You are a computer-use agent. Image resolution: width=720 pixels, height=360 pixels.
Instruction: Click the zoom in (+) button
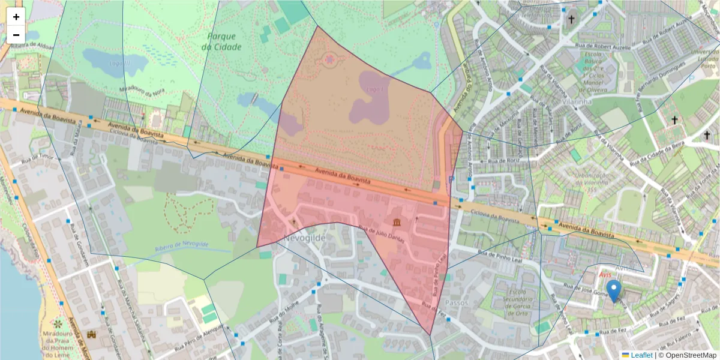pyautogui.click(x=16, y=17)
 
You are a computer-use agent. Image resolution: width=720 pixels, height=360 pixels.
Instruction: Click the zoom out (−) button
pyautogui.click(x=16, y=35)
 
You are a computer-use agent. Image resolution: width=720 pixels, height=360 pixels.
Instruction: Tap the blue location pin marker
pyautogui.click(x=613, y=291)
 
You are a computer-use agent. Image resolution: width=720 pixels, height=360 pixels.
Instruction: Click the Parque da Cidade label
pyautogui.click(x=221, y=41)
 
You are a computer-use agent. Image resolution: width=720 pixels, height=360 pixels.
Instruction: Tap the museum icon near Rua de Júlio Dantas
pyautogui.click(x=397, y=223)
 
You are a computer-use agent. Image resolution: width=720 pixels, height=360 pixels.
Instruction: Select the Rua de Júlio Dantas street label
pyautogui.click(x=381, y=234)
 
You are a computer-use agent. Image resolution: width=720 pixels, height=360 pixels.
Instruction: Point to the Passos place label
pyautogui.click(x=458, y=303)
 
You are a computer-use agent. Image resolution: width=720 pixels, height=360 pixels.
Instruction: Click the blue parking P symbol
pyautogui.click(x=451, y=179)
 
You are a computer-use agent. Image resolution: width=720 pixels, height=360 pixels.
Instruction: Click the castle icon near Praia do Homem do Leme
pyautogui.click(x=92, y=334)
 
